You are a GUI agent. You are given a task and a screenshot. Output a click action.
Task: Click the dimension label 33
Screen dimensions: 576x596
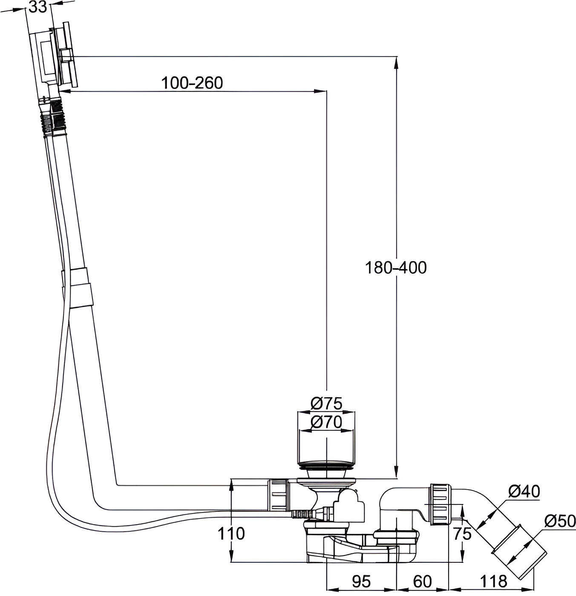(38, 7)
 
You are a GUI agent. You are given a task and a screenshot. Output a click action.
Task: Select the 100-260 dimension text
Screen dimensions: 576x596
(192, 83)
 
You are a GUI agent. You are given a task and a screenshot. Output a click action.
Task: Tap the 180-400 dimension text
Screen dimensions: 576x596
(396, 267)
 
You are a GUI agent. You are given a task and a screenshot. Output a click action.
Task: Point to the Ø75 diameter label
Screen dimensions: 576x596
(326, 403)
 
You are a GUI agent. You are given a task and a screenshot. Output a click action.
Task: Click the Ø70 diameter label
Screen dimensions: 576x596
(326, 422)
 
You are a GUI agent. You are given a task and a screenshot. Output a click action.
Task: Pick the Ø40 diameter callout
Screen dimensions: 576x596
(524, 491)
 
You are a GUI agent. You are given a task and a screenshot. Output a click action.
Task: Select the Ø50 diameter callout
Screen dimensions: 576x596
(560, 521)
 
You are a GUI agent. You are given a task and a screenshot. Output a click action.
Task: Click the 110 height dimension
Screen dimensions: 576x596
(231, 533)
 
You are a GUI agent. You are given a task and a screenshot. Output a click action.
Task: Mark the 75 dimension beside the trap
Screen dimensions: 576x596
(462, 534)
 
